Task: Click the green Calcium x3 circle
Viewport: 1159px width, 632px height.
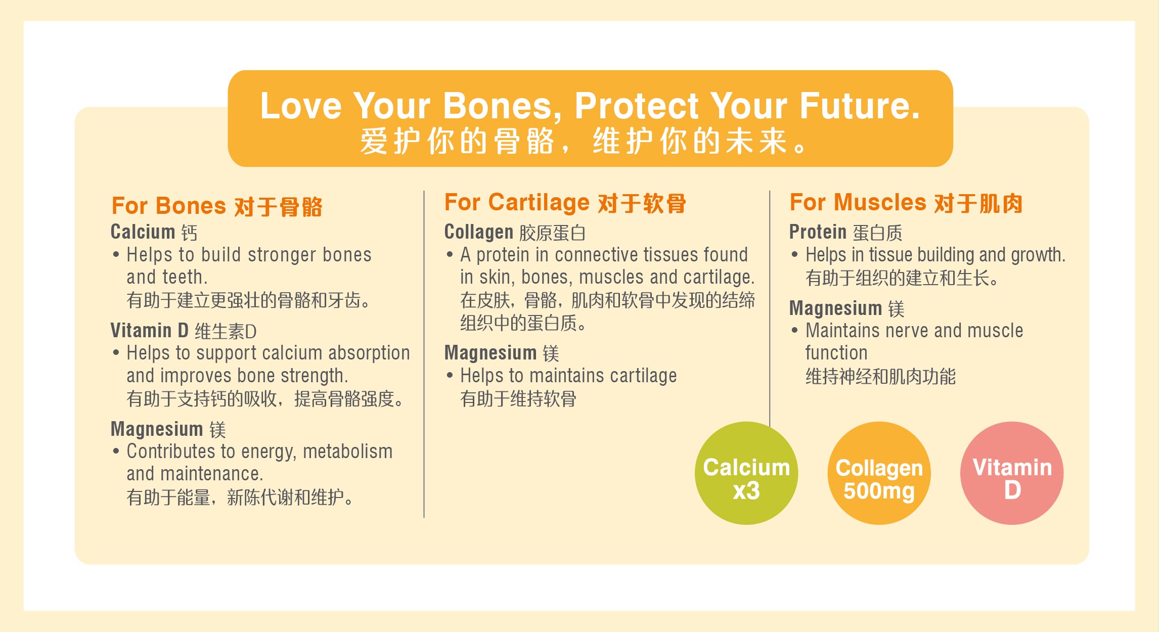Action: (x=746, y=473)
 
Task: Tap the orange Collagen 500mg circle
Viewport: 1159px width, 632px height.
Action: (x=879, y=473)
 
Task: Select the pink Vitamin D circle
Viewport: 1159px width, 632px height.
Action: (x=1012, y=473)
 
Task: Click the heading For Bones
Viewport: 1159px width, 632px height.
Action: (x=168, y=206)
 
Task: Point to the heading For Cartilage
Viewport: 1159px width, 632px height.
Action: (x=517, y=202)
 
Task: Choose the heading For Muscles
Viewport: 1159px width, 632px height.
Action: (x=858, y=202)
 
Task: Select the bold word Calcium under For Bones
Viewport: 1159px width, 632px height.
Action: (x=143, y=232)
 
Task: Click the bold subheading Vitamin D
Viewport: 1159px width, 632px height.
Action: (x=149, y=330)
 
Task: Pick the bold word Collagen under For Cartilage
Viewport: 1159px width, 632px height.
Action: (x=478, y=232)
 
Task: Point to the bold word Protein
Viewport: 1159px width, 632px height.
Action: (x=818, y=232)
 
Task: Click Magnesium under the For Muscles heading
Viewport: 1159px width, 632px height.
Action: (x=836, y=308)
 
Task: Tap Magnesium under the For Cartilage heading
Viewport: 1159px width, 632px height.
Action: (x=491, y=352)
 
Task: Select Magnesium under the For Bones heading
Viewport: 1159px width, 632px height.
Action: (x=157, y=429)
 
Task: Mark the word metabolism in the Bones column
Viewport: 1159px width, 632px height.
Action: (x=347, y=451)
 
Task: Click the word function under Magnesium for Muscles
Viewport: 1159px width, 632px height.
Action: (x=836, y=352)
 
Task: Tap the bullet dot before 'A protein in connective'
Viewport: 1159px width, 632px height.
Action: (x=450, y=254)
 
